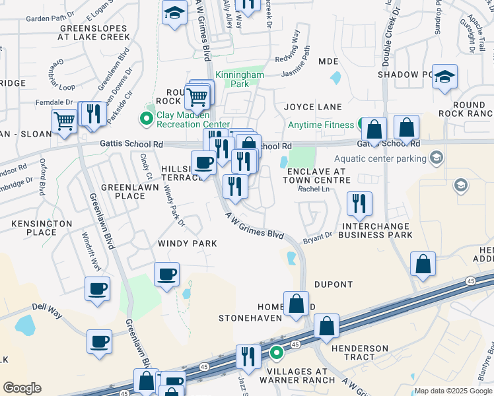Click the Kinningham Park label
point(240,80)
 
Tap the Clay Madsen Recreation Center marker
point(145,119)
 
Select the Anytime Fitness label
point(322,125)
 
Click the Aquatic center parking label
point(380,158)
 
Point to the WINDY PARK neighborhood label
point(188,244)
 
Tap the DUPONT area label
point(334,284)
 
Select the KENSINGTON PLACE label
point(42,228)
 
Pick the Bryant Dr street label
point(318,236)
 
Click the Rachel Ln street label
point(314,189)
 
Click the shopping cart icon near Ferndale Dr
point(64,121)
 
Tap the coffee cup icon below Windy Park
point(167,273)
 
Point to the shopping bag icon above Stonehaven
point(297,303)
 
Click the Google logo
point(22,388)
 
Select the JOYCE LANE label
point(313,107)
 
